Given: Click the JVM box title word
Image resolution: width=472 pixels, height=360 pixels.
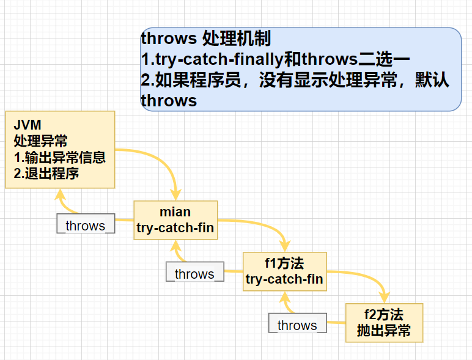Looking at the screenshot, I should (x=28, y=125).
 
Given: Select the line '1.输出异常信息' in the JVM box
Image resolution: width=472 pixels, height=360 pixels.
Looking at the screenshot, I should (x=59, y=157).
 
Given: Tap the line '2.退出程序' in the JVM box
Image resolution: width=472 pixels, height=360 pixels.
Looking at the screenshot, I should (x=46, y=173).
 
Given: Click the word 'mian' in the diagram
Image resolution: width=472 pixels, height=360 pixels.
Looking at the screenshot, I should (x=175, y=212).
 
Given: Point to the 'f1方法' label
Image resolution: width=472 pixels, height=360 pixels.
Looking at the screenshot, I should (x=284, y=263).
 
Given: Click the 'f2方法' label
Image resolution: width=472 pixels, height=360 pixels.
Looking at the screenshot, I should (x=383, y=315).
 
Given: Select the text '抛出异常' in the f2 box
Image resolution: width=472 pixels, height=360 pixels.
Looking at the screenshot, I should (x=383, y=331).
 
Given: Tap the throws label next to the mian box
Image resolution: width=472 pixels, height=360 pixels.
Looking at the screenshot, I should (x=85, y=226).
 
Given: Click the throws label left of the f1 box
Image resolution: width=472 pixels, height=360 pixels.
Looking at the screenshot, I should (x=194, y=274).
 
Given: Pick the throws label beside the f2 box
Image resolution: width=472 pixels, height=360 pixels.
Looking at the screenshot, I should (x=297, y=325).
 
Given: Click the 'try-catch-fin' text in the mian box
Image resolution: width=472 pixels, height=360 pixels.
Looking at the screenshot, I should (x=175, y=228).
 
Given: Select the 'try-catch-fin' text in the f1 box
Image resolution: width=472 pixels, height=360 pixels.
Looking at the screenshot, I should (x=284, y=279).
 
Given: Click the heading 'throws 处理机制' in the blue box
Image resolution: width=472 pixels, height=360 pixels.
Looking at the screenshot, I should (x=205, y=39).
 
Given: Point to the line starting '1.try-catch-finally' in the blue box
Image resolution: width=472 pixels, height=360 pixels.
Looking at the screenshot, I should (x=275, y=59).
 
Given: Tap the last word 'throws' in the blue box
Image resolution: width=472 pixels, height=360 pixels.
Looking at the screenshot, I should (x=169, y=101).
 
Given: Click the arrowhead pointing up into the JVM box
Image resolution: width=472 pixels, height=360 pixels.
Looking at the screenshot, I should (x=60, y=195).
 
